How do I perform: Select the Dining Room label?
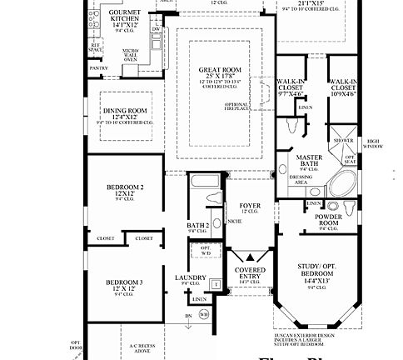[x=126, y=112]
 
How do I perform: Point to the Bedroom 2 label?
[x=126, y=188]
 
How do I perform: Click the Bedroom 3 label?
[x=124, y=283]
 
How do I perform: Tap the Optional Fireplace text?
[x=238, y=109]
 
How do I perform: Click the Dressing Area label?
[x=302, y=179]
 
